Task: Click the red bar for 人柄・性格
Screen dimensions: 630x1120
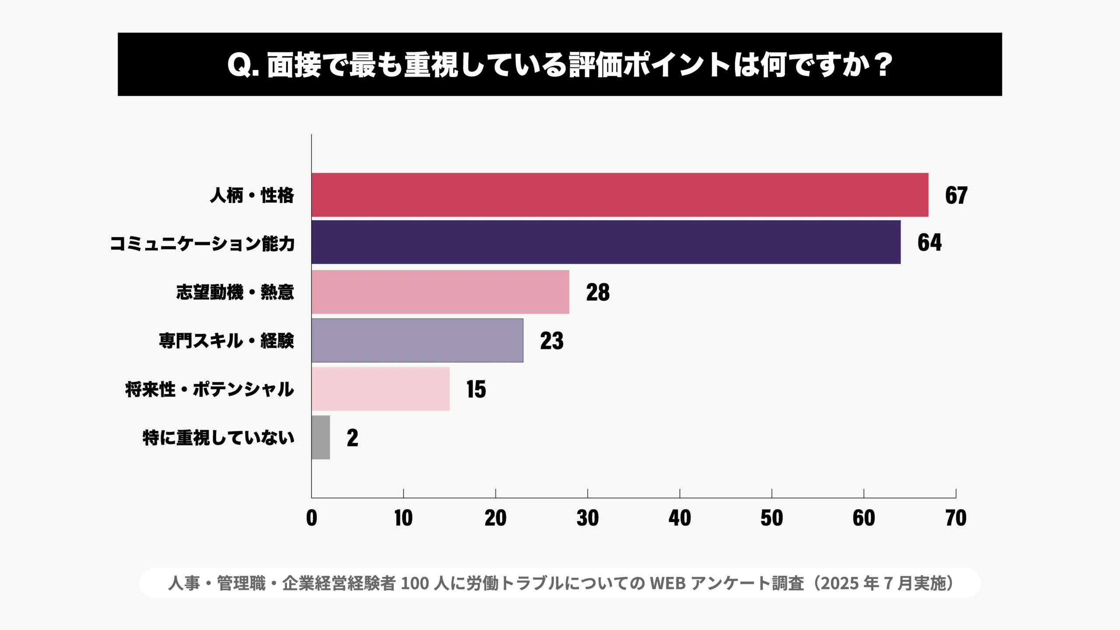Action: pyautogui.click(x=619, y=195)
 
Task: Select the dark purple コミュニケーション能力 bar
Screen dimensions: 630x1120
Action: pyautogui.click(x=606, y=242)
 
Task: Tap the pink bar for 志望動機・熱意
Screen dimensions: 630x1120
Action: pyautogui.click(x=440, y=292)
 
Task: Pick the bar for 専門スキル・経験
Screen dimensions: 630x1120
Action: pyautogui.click(x=417, y=340)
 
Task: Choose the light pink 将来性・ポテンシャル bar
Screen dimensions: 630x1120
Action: pyautogui.click(x=380, y=389)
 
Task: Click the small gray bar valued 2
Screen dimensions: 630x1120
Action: pyautogui.click(x=321, y=437)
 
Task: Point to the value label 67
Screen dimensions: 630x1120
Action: pyautogui.click(x=956, y=195)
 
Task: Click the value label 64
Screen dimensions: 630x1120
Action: pyautogui.click(x=929, y=242)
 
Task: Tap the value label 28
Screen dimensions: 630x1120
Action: pyautogui.click(x=598, y=292)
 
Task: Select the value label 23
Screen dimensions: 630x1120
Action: pyautogui.click(x=552, y=341)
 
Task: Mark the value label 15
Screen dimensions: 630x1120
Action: pyautogui.click(x=476, y=389)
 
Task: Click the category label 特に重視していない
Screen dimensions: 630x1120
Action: pyautogui.click(x=218, y=437)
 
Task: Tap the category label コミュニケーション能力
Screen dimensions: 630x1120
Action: pyautogui.click(x=202, y=243)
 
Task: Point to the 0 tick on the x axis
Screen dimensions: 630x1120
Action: pyautogui.click(x=311, y=518)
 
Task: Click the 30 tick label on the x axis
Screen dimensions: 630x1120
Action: pyautogui.click(x=588, y=518)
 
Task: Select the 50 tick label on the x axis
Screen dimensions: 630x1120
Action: pyautogui.click(x=772, y=518)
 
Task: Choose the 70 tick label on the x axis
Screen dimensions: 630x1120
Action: pyautogui.click(x=956, y=518)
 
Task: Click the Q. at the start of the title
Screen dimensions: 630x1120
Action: pyautogui.click(x=243, y=65)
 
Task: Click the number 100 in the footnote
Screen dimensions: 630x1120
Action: pyautogui.click(x=414, y=583)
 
